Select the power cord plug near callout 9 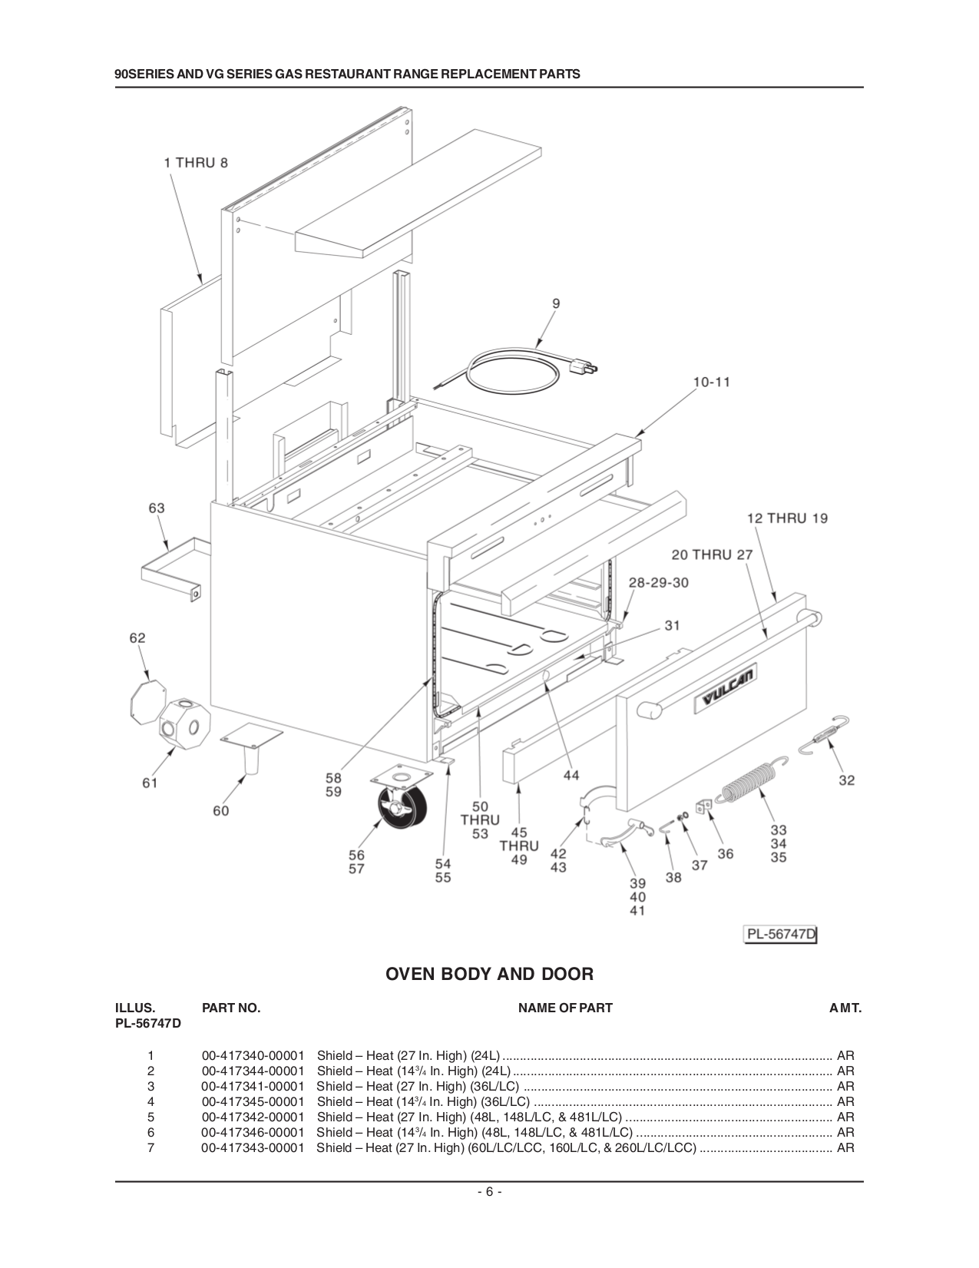pyautogui.click(x=582, y=369)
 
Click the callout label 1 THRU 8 pyautogui.click(x=196, y=163)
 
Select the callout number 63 pyautogui.click(x=156, y=508)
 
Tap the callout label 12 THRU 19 pyautogui.click(x=787, y=518)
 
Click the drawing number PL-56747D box pyautogui.click(x=781, y=935)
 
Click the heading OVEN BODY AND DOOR pyautogui.click(x=489, y=975)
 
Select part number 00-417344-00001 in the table pyautogui.click(x=253, y=1071)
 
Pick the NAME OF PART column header pyautogui.click(x=565, y=1008)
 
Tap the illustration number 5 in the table pyautogui.click(x=151, y=1117)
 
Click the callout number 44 pyautogui.click(x=571, y=776)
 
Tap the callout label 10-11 pyautogui.click(x=711, y=382)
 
